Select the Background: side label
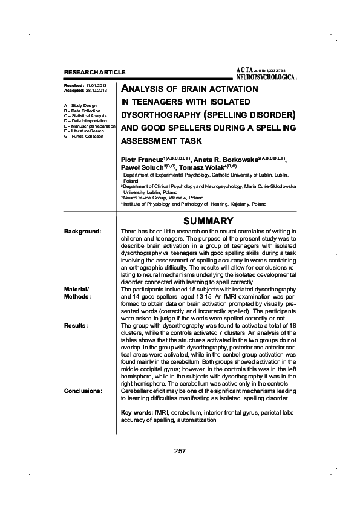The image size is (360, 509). point(82,232)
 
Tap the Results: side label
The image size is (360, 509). point(76,325)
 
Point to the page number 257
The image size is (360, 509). point(179,450)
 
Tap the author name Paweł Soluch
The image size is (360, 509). point(140,167)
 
